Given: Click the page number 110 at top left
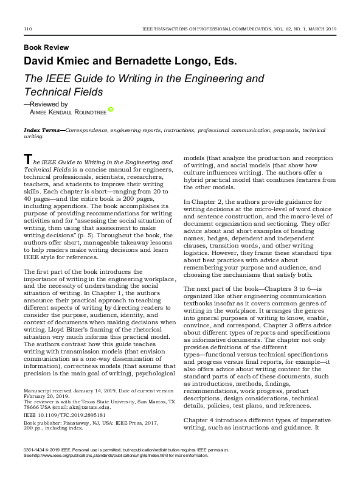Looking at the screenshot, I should tap(27, 29).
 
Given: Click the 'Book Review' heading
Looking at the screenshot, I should tap(46, 47).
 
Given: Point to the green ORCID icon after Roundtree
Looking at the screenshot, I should tap(111, 110).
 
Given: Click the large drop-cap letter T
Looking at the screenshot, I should tap(27, 159).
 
